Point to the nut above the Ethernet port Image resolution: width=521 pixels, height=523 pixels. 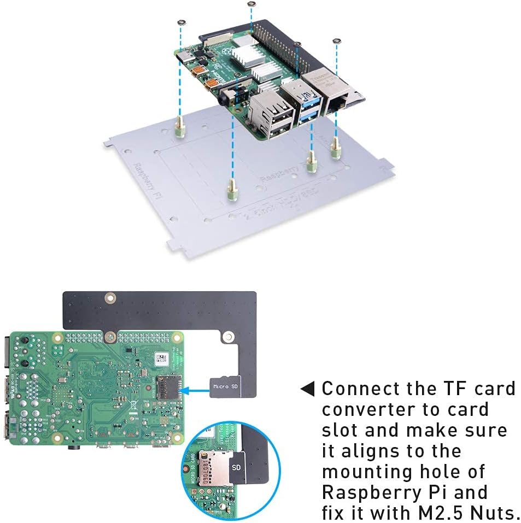(336, 41)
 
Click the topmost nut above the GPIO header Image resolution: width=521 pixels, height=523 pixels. (250, 4)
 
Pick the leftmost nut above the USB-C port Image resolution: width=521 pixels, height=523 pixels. (180, 22)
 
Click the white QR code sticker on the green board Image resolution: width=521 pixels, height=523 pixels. (160, 359)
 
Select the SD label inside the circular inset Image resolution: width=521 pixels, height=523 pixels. (236, 468)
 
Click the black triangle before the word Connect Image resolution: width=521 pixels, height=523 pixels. (308, 389)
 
